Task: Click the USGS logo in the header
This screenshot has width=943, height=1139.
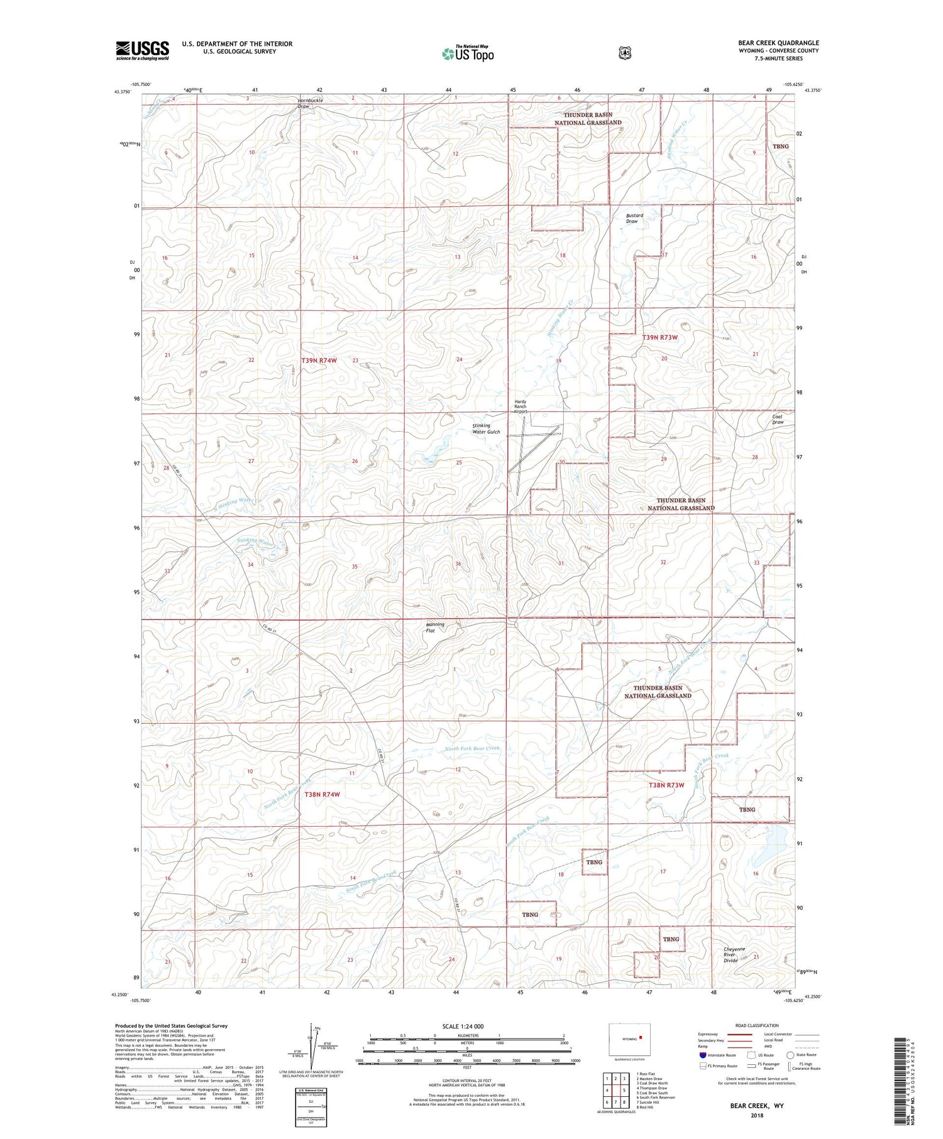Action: pyautogui.click(x=142, y=50)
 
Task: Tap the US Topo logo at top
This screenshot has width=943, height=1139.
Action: pyautogui.click(x=468, y=53)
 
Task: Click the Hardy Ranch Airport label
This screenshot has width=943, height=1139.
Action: pyautogui.click(x=520, y=406)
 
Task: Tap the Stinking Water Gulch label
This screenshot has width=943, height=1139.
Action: pyautogui.click(x=486, y=428)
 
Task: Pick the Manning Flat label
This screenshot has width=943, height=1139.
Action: pyautogui.click(x=434, y=627)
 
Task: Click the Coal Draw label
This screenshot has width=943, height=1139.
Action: pyautogui.click(x=778, y=419)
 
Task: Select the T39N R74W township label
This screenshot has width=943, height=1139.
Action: pyautogui.click(x=319, y=361)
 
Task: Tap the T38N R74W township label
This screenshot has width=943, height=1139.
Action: pyautogui.click(x=322, y=794)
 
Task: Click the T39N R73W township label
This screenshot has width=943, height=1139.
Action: pyautogui.click(x=660, y=337)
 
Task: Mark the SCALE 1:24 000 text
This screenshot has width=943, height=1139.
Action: pyautogui.click(x=463, y=1027)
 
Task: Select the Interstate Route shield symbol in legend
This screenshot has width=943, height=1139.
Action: pyautogui.click(x=703, y=1055)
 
